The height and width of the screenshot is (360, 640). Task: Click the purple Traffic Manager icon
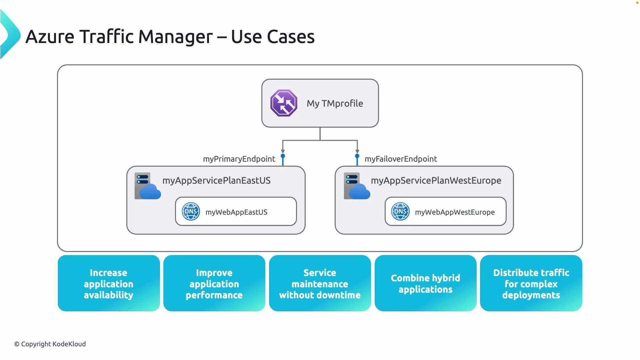coord(284,103)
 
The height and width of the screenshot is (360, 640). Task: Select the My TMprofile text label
coord(335,104)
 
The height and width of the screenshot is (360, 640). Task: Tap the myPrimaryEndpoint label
coord(239,159)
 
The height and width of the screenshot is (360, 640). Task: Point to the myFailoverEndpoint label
coord(401,159)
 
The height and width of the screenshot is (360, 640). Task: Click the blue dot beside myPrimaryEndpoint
coord(283,156)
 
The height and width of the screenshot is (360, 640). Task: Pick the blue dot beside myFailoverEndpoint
coord(357,156)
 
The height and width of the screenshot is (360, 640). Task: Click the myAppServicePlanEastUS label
coord(216,181)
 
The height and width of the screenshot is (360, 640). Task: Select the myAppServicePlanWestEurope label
coord(436,181)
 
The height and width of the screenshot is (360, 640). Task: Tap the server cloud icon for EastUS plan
coord(147,186)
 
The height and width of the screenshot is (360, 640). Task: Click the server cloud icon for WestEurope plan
coord(356,186)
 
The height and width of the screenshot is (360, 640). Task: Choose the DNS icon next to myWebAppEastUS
coord(191,212)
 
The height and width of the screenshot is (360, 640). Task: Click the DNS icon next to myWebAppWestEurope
coord(400,212)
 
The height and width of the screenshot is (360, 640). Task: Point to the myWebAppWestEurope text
coord(455,212)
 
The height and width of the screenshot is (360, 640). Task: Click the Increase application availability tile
coord(109,283)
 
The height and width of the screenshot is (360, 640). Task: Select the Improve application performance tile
coord(214,283)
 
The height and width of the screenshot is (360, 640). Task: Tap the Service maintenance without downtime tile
coord(320,283)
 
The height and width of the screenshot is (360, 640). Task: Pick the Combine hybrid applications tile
coord(425,283)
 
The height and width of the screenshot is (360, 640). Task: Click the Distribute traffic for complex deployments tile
coord(531,283)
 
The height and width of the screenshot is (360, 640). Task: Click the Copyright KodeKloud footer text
coord(50,344)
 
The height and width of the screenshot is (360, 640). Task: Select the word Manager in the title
coord(175,37)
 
